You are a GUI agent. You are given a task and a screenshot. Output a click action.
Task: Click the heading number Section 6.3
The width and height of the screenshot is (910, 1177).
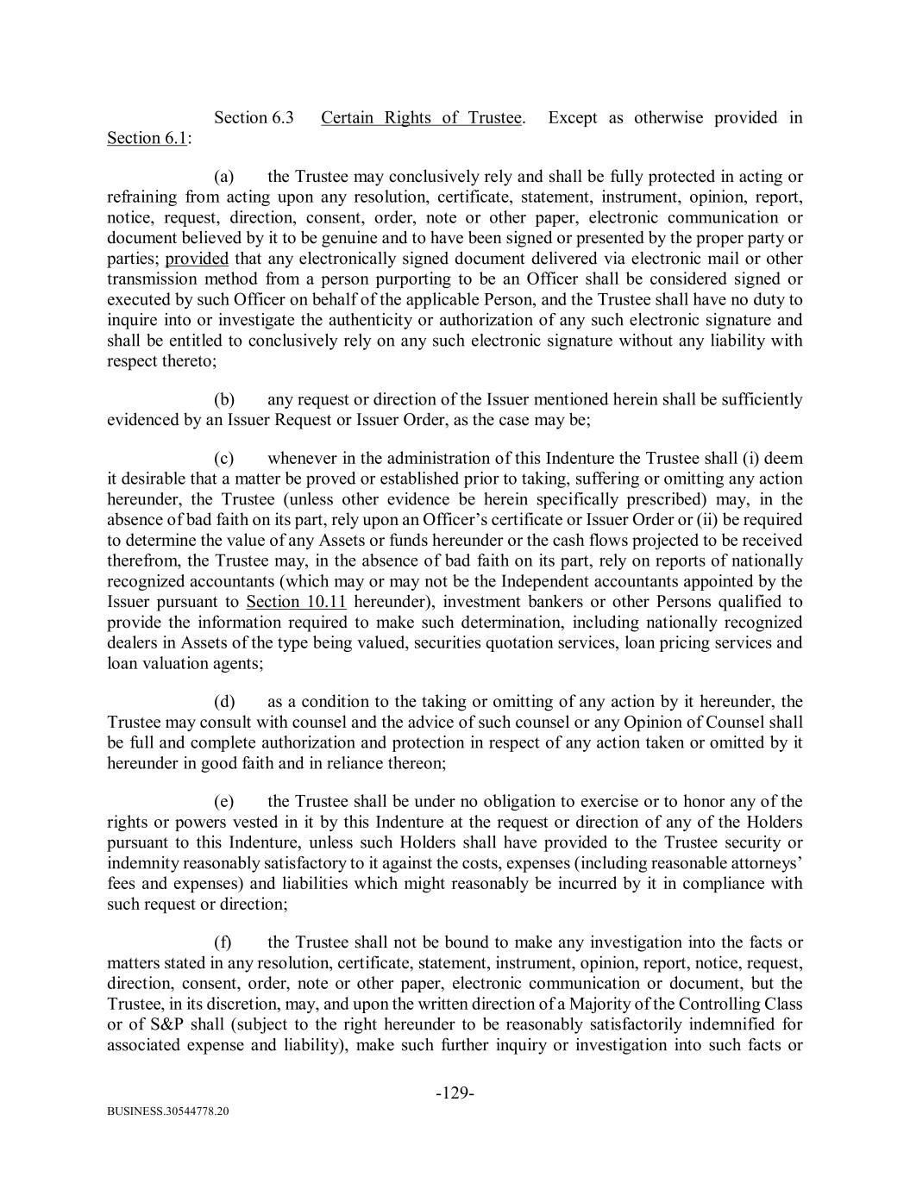click(254, 117)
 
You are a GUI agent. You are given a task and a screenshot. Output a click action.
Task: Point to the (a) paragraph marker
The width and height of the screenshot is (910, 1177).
click(224, 177)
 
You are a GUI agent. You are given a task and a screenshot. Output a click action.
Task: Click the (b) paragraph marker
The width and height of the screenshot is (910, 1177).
click(224, 399)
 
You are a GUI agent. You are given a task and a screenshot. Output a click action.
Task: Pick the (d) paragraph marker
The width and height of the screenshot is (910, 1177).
click(224, 701)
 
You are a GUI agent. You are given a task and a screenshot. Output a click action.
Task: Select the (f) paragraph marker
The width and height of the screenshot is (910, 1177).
click(223, 942)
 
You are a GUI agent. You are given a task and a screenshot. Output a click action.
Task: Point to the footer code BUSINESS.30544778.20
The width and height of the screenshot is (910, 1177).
click(168, 1112)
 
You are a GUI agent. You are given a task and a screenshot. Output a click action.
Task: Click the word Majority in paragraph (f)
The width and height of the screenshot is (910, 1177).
click(611, 1004)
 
